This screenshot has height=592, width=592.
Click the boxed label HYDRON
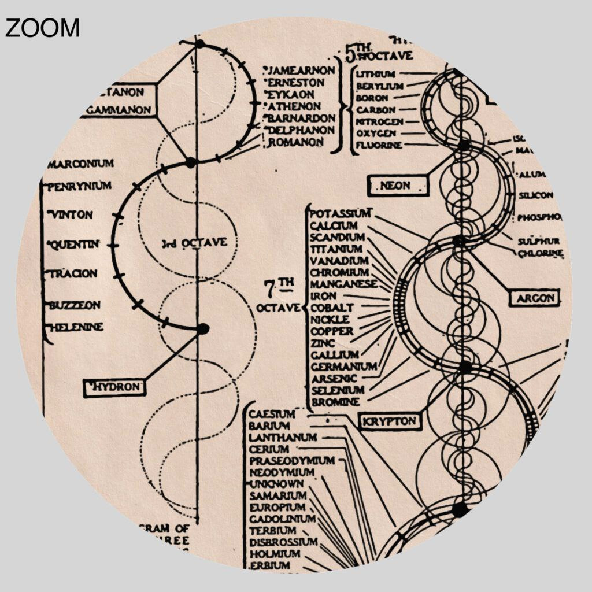115,387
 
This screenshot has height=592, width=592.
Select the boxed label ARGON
534,298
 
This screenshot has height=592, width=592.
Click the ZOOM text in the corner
42,28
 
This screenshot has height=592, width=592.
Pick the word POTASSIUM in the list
341,213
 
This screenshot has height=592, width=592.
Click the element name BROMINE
335,402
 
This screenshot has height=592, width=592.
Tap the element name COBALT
332,308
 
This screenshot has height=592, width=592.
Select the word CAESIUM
272,414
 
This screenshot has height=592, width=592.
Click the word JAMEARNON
302,71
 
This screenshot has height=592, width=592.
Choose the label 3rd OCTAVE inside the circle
194,243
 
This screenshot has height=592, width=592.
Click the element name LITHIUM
376,74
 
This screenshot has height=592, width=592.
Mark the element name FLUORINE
379,145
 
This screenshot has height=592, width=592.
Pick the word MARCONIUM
80,164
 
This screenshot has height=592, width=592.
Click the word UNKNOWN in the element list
276,484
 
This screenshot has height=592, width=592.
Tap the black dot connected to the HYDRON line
203,329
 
